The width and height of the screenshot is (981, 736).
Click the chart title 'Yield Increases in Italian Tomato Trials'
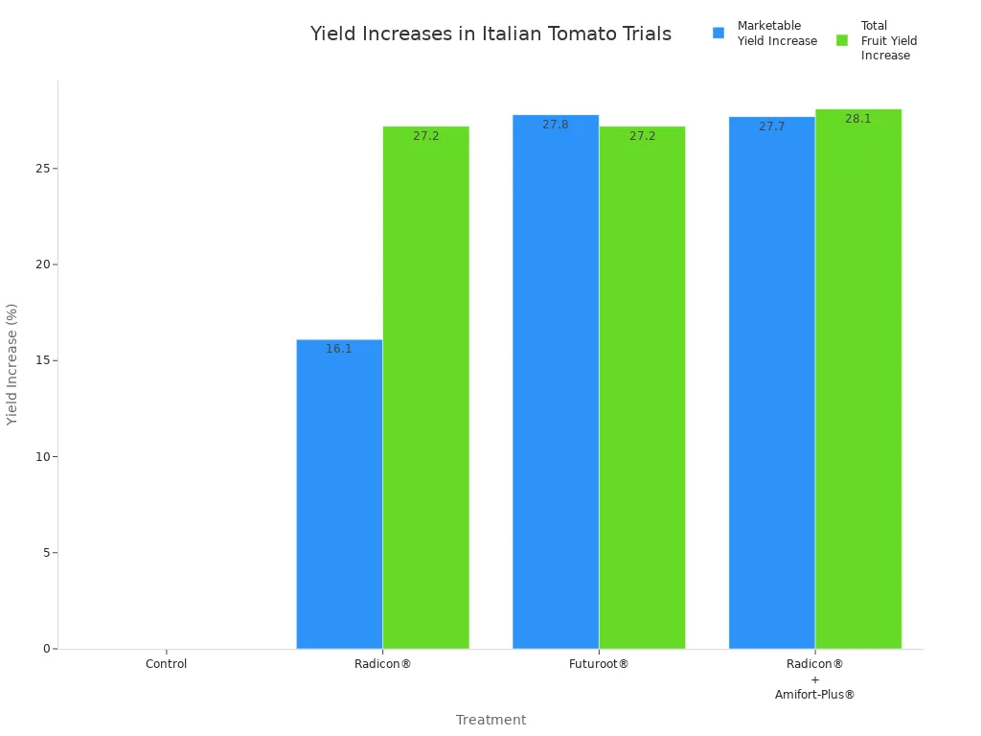490,34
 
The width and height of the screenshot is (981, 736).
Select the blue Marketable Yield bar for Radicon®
339,494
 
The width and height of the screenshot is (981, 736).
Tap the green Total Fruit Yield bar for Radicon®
425,387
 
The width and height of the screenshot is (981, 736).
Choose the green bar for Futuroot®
642,387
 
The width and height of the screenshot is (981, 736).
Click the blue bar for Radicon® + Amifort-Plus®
771,382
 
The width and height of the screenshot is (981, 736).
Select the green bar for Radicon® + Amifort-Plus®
858,379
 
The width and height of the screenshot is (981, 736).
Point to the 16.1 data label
339,349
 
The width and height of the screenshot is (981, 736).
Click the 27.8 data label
556,125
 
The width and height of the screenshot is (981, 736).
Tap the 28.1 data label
858,119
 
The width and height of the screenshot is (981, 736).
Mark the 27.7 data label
771,126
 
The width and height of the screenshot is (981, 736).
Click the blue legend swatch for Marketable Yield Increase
719,33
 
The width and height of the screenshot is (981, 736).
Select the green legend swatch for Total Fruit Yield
842,40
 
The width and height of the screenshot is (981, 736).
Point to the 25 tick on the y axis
42,169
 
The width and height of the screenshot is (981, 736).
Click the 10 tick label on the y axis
42,457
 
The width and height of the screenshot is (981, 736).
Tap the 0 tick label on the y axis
45,649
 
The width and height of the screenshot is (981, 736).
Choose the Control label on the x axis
166,664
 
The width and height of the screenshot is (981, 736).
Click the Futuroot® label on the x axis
599,664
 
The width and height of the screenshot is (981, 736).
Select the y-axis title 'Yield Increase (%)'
12,364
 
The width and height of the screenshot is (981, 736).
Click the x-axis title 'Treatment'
490,720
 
